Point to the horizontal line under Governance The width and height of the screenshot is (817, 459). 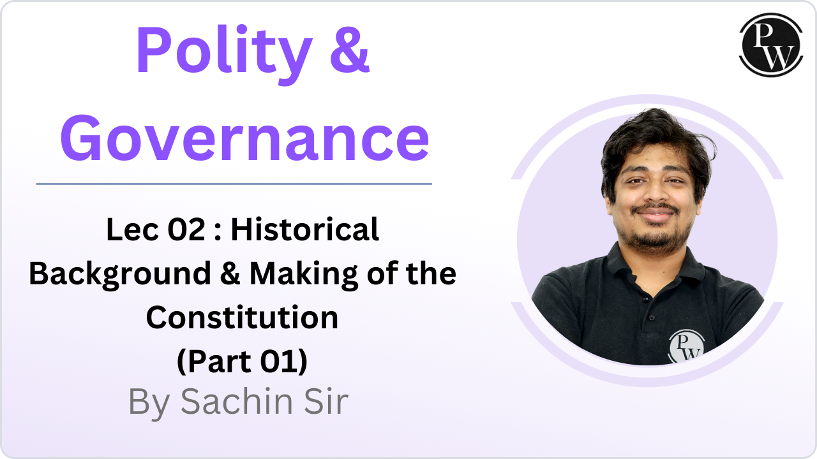234,184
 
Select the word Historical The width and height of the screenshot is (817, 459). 305,230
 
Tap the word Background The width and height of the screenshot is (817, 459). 120,273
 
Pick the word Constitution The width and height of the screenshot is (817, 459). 242,317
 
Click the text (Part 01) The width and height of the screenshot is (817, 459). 242,360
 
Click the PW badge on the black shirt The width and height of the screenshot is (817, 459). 685,347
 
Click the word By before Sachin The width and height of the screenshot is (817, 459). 149,402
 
